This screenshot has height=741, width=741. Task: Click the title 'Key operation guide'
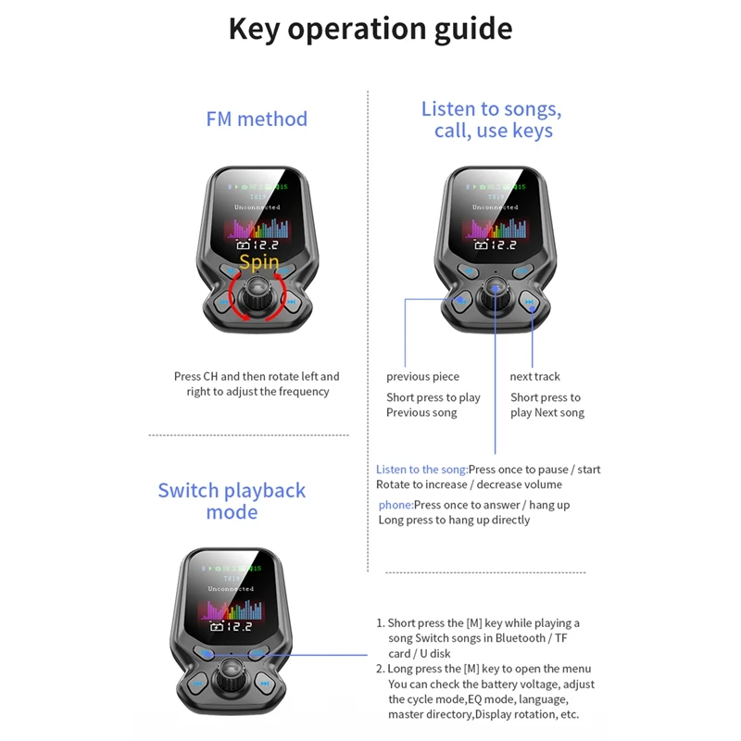point(370,29)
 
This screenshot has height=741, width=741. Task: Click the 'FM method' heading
point(257,119)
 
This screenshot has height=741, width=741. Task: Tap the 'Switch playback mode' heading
point(232,501)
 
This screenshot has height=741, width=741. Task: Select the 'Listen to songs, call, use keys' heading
point(492,120)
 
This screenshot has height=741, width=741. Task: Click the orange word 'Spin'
point(259,263)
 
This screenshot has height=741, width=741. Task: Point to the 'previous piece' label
point(422,376)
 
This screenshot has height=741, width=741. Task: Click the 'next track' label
point(534,376)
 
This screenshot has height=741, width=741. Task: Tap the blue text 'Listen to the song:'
point(421,470)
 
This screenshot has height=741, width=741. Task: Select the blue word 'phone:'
point(396,505)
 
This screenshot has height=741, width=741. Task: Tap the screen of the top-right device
point(496,215)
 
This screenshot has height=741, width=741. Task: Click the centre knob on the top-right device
point(496,295)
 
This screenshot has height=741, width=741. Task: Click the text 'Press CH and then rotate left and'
point(257,376)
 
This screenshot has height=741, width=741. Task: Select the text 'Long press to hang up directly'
point(454,521)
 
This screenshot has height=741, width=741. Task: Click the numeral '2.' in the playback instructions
point(381,669)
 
